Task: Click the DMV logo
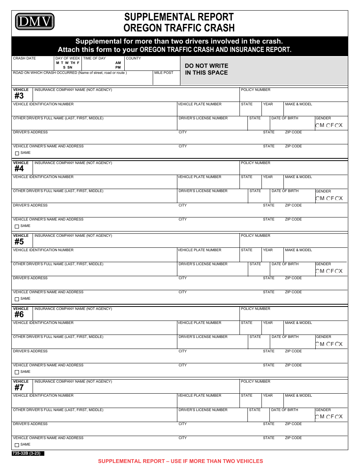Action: pos(34,22)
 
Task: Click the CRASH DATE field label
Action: pos(24,58)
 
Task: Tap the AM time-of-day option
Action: pos(118,63)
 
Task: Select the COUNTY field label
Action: pos(133,58)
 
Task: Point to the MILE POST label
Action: pos(164,73)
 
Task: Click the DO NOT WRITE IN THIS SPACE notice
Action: pos(207,69)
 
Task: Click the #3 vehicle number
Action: pos(19,96)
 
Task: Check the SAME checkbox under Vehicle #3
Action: pos(17,153)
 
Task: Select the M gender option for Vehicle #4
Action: pos(318,199)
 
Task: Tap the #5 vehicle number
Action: pos(19,242)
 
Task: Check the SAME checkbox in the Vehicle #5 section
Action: pos(17,299)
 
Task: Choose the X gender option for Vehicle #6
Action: pos(337,344)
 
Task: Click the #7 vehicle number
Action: pos(19,388)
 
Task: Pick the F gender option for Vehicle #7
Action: pos(328,417)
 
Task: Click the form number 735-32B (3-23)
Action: pos(27,453)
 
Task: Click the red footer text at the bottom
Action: pos(180,461)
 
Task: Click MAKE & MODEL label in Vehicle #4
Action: pos(299,177)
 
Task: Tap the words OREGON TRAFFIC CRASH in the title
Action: pos(179,28)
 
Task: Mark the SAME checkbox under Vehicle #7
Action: pos(17,445)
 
